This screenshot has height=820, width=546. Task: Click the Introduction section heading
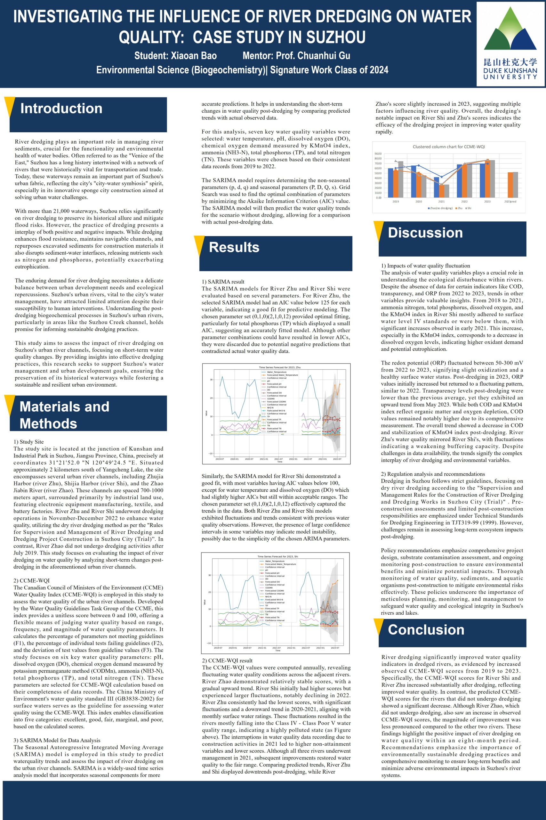click(61, 108)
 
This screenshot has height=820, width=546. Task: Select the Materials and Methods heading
click(64, 415)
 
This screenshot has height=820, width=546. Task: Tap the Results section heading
click(234, 247)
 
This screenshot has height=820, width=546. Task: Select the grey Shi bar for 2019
click(401, 179)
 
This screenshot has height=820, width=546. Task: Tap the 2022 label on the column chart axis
click(464, 201)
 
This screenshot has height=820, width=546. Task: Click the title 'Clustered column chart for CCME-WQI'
click(448, 147)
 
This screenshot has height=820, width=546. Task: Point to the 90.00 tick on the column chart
click(377, 154)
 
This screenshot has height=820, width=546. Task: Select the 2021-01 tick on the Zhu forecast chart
click(264, 459)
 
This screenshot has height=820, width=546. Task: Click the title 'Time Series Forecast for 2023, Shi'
click(277, 556)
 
